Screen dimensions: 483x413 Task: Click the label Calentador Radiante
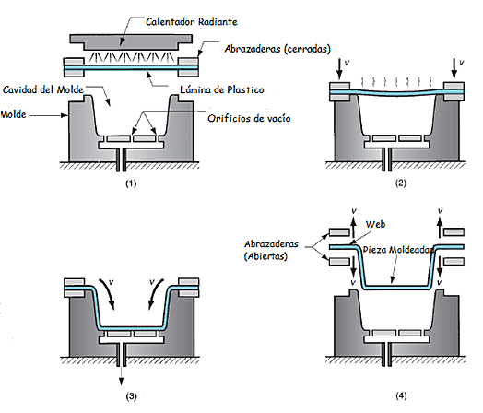(192, 21)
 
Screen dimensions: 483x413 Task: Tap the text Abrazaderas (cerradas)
(277, 49)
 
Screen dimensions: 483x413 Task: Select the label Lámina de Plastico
(222, 89)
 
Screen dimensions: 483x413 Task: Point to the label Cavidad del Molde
(43, 89)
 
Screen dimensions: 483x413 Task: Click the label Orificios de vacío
(249, 118)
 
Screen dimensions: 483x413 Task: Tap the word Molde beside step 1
(13, 114)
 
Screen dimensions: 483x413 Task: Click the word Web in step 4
(375, 224)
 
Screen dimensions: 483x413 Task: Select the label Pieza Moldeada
(398, 250)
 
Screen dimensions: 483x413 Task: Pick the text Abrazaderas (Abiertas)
(271, 250)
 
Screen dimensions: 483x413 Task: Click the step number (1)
(131, 183)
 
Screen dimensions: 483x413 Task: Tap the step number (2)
(400, 183)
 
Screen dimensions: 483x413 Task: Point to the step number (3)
(131, 396)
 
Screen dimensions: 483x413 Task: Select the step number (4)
(401, 395)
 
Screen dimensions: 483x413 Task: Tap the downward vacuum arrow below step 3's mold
(121, 376)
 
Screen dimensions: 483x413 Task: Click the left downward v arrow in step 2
(339, 69)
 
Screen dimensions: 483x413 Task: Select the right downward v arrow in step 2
(454, 69)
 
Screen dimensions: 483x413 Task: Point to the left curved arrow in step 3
(109, 293)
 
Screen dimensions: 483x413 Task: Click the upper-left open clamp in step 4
(339, 232)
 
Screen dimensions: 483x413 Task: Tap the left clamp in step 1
(74, 66)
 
